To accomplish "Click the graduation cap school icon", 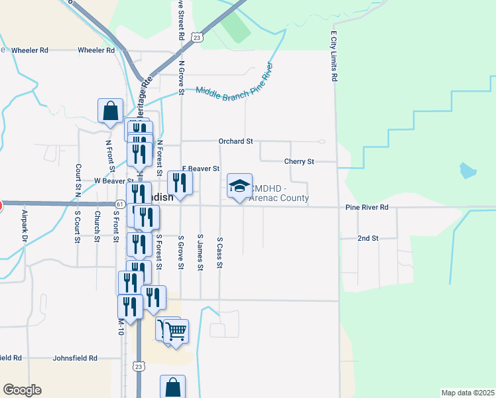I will coord(239,186).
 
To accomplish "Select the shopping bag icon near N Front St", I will coord(110,111).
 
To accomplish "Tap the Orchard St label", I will coord(236,141).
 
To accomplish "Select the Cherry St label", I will coord(298,161).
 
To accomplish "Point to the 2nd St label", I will coord(367,237).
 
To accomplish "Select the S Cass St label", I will coord(219,253).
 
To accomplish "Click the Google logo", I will coord(22,390).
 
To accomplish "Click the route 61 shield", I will coord(119,204).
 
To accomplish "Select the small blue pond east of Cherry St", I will coord(467,170).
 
